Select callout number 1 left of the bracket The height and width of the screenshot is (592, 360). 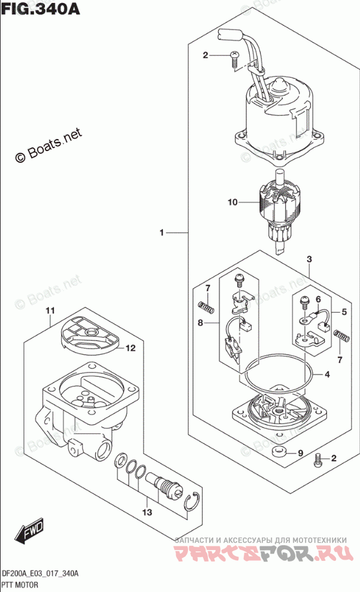point(162,232)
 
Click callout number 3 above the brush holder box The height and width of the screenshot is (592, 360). point(309,259)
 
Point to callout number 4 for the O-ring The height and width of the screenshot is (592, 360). point(328,375)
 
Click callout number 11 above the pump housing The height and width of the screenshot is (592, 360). point(50,310)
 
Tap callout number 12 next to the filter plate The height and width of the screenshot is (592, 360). point(131,348)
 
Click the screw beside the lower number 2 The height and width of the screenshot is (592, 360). point(318,460)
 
